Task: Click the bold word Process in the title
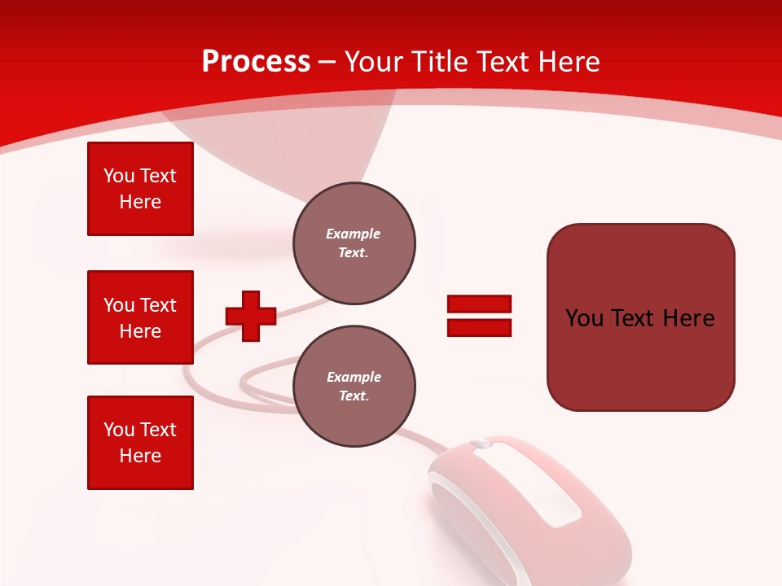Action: [x=256, y=62]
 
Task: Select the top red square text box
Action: [x=140, y=189]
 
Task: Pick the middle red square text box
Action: [x=140, y=317]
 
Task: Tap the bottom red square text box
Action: [x=140, y=443]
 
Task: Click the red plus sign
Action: [x=251, y=316]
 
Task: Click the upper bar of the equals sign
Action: [x=479, y=304]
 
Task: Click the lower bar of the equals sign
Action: [x=479, y=327]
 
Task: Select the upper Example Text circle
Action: [x=354, y=243]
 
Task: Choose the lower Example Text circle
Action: [x=354, y=387]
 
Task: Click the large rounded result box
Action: [x=640, y=317]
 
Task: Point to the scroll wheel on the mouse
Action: [x=481, y=444]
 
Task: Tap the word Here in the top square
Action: [x=140, y=202]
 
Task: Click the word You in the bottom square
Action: [x=118, y=430]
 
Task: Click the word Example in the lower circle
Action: [x=354, y=377]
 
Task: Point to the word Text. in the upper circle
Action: [x=354, y=253]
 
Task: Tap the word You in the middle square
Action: [x=118, y=305]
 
